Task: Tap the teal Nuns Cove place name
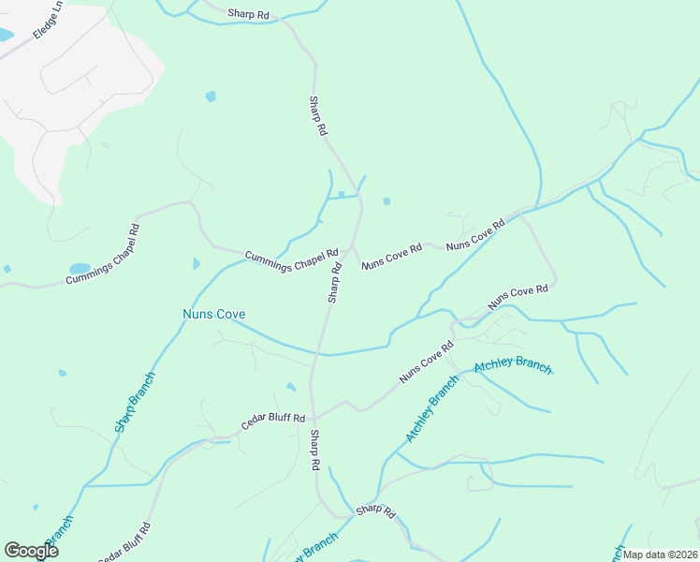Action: [x=213, y=314]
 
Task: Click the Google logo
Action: [x=31, y=550]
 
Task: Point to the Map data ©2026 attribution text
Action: [x=660, y=555]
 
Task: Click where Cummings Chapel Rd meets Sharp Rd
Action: [x=350, y=248]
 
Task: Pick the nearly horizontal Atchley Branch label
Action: [x=513, y=365]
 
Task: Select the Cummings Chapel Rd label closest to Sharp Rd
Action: [x=291, y=259]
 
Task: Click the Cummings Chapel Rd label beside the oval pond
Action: [x=103, y=254]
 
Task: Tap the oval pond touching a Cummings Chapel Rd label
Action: [x=80, y=268]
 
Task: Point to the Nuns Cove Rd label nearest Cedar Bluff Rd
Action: [x=426, y=364]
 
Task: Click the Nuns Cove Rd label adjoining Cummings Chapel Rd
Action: [x=392, y=257]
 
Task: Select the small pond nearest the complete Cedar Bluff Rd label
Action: [x=291, y=387]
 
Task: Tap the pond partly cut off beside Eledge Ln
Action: [x=5, y=36]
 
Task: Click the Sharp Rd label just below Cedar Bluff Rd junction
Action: [x=315, y=451]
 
